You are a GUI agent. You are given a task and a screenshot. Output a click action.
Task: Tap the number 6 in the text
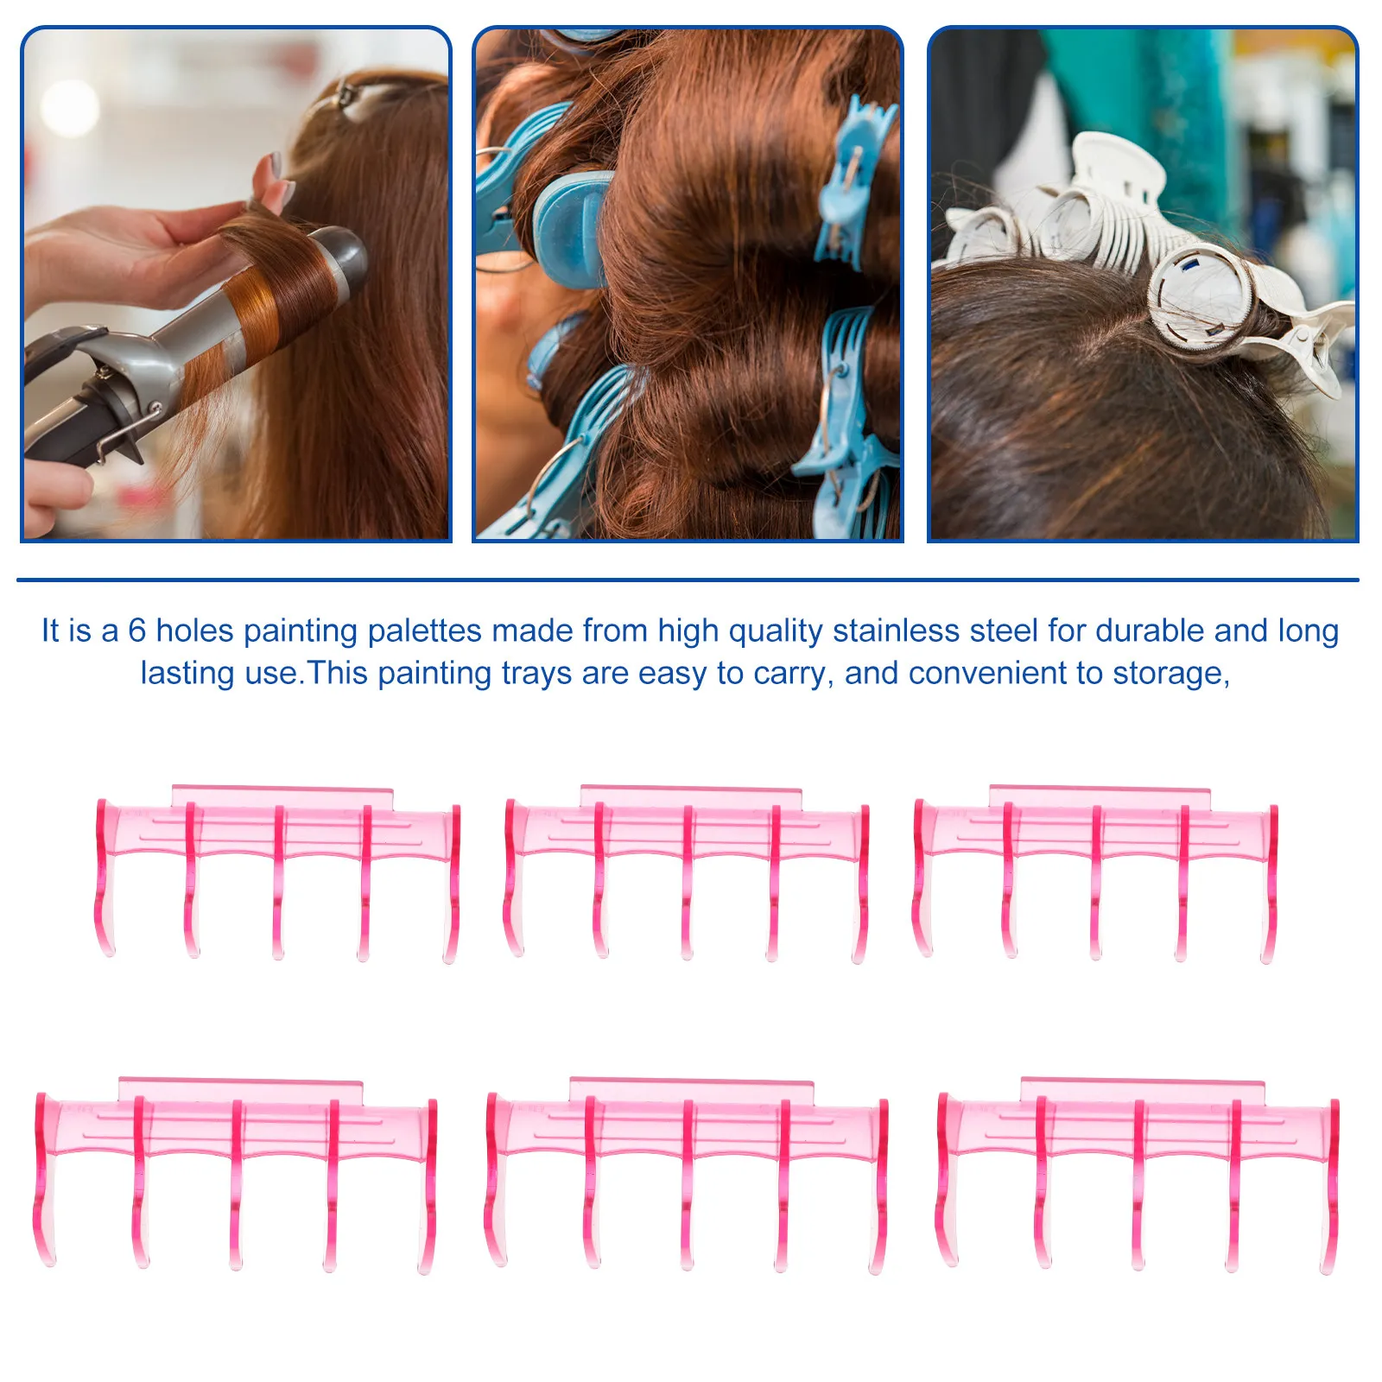coord(136,631)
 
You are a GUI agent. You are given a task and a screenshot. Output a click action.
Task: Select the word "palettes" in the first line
coord(424,631)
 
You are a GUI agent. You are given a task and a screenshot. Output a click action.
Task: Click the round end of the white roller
coord(1201,298)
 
